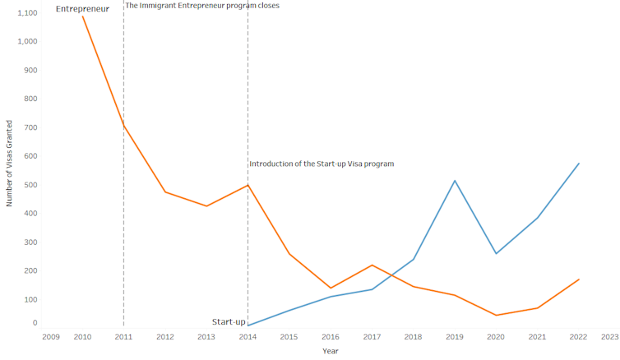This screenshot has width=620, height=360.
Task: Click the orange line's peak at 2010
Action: click(83, 16)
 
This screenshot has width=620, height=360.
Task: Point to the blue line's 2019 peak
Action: click(455, 180)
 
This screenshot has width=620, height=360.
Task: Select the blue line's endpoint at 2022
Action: click(579, 164)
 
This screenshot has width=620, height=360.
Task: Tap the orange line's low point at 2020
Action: click(496, 315)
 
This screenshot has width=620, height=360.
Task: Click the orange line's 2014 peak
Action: click(248, 185)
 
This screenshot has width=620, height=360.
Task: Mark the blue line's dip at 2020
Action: click(496, 253)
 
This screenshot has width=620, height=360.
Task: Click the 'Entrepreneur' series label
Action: click(82, 8)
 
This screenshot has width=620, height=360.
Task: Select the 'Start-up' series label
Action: click(229, 322)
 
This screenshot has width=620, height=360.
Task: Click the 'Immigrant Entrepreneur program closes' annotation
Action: click(202, 6)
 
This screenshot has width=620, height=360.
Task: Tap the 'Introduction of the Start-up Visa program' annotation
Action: click(322, 164)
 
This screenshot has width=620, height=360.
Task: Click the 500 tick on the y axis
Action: click(30, 185)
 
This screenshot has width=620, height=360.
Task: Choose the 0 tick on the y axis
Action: click(35, 324)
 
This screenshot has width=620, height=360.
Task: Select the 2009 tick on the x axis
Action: click(50, 337)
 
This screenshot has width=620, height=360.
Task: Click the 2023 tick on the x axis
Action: click(610, 337)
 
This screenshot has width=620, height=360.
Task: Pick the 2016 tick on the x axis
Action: click(331, 337)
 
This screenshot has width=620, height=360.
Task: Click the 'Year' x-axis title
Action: click(331, 351)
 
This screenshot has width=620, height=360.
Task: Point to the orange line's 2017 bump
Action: click(372, 265)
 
